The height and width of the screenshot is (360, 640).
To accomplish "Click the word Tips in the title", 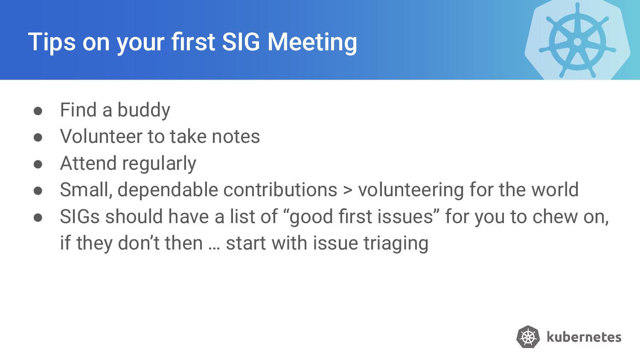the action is pyautogui.click(x=52, y=42).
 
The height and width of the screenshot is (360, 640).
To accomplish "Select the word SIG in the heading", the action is pyautogui.click(x=241, y=42).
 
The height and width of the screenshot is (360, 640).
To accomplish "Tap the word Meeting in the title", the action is pyautogui.click(x=312, y=42).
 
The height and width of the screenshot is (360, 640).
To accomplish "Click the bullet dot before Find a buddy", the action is pyautogui.click(x=38, y=111).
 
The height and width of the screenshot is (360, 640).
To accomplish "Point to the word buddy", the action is pyautogui.click(x=144, y=110).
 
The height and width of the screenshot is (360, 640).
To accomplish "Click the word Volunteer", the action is pyautogui.click(x=101, y=136).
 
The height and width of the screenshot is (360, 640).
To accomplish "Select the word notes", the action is pyautogui.click(x=236, y=137).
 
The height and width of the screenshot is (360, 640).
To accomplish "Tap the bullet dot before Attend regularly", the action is pyautogui.click(x=38, y=164).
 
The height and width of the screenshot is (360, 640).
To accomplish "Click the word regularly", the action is pyautogui.click(x=159, y=164).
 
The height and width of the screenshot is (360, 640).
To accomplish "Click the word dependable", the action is pyautogui.click(x=168, y=189).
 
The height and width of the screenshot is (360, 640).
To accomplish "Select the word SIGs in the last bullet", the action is pyautogui.click(x=80, y=216).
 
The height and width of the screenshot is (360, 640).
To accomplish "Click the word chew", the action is pyautogui.click(x=555, y=216).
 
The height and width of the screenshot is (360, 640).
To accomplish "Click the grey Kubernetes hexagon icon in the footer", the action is pyautogui.click(x=528, y=337).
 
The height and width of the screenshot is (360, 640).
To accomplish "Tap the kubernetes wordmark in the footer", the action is pyautogui.click(x=584, y=337).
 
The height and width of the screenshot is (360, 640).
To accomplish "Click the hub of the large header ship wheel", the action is pyautogui.click(x=577, y=42).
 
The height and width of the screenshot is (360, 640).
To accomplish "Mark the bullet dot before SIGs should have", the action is pyautogui.click(x=38, y=218).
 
